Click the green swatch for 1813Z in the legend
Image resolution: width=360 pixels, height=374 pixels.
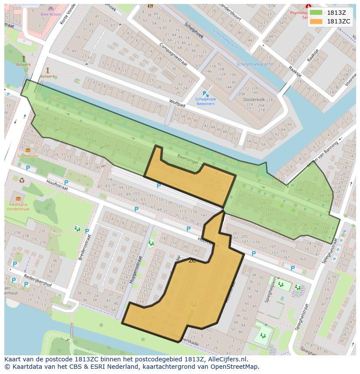coord(316,13)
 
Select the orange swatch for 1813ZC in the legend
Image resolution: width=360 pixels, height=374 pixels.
coord(316,21)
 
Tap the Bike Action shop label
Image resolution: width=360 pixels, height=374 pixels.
coord(51,14)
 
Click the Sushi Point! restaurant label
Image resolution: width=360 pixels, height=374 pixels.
coord(28,156)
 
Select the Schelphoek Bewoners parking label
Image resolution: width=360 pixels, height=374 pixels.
coord(206,101)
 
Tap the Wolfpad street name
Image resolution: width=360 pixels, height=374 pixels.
coord(177,103)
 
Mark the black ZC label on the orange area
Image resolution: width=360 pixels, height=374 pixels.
coord(192,261)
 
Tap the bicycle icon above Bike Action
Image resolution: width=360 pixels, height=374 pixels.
coord(51,8)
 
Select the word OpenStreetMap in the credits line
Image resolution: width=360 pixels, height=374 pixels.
coord(236,367)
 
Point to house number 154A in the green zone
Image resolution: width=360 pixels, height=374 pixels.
coord(298,190)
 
